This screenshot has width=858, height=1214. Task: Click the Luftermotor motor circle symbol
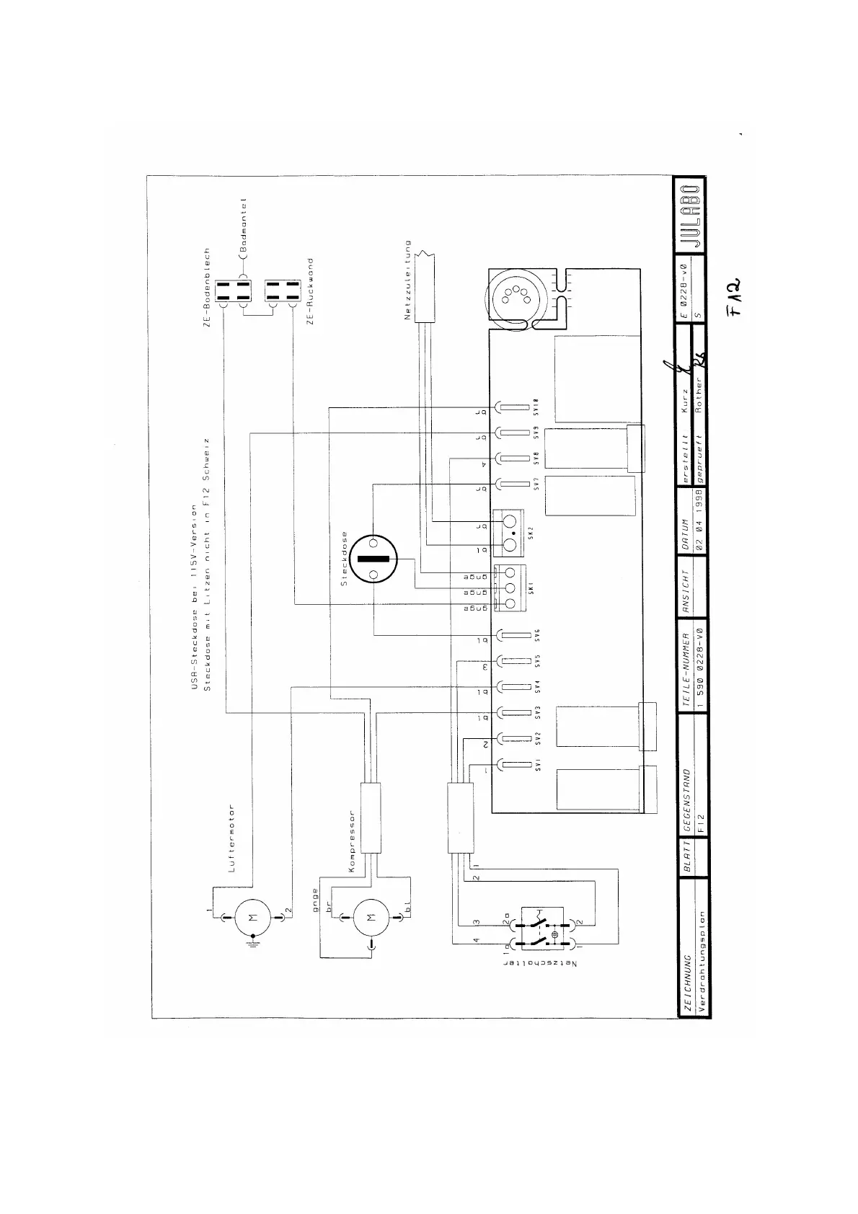[x=252, y=917]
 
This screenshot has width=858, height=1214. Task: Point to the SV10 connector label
[x=537, y=409]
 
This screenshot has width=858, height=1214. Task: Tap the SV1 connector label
[x=538, y=766]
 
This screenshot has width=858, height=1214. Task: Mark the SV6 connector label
[x=538, y=636]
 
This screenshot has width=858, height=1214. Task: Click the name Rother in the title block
[x=698, y=389]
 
